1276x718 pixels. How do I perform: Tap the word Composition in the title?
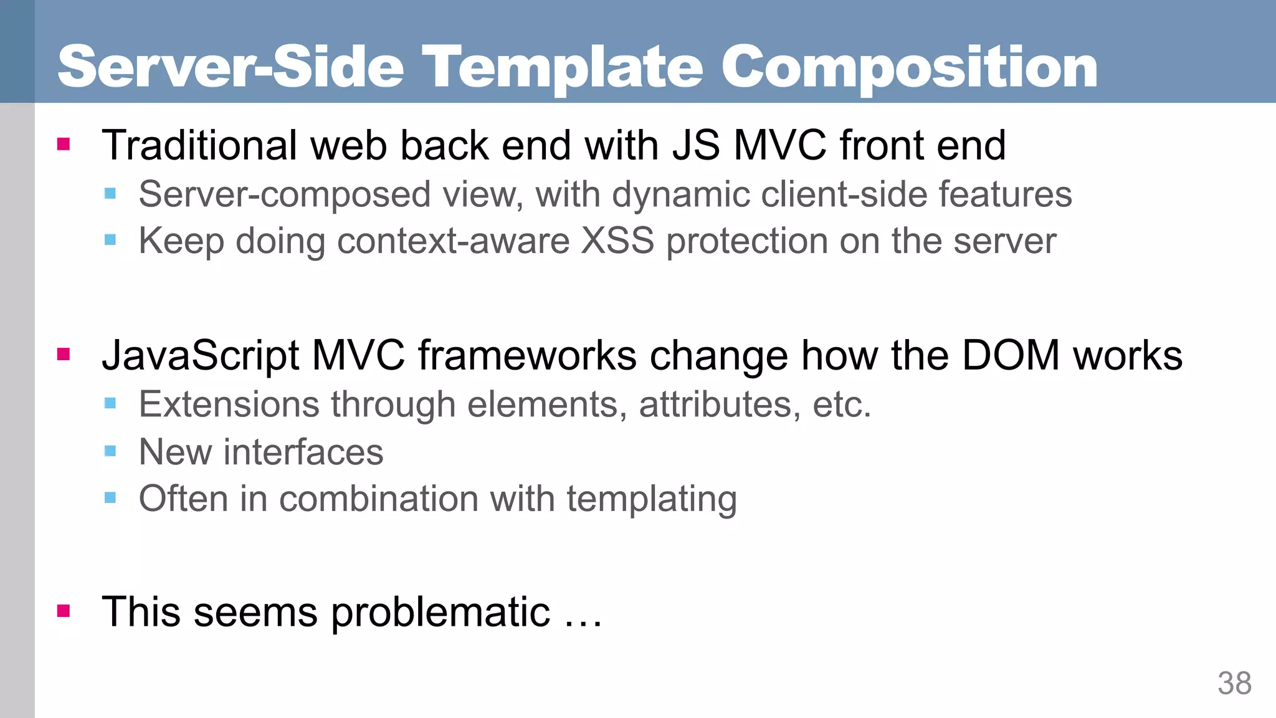click(x=909, y=67)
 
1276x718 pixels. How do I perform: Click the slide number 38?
click(x=1234, y=684)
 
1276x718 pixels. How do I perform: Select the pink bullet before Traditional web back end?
click(x=64, y=145)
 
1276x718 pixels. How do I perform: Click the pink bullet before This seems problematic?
click(x=64, y=611)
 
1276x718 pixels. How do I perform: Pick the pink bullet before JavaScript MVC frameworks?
click(x=64, y=355)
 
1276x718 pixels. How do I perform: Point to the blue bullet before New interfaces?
click(x=110, y=451)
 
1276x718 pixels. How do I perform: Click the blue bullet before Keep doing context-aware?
click(x=110, y=240)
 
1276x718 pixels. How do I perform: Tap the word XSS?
click(x=617, y=241)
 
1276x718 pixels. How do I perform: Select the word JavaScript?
click(x=201, y=355)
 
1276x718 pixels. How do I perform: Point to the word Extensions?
click(x=229, y=404)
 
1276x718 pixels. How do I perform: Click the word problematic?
click(x=440, y=612)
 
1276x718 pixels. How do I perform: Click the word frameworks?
click(x=527, y=355)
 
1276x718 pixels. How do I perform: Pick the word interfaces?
click(x=303, y=451)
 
